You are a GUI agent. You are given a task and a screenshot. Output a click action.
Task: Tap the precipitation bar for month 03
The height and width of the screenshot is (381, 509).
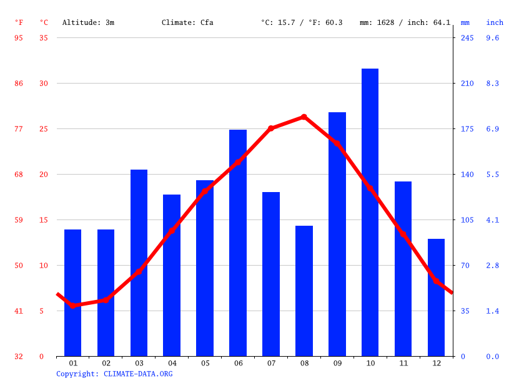pyautogui.click(x=139, y=263)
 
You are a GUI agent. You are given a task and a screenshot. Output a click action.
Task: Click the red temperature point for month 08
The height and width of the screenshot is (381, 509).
pyautogui.click(x=304, y=117)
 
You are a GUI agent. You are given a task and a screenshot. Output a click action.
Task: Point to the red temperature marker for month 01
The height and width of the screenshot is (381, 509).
pyautogui.click(x=73, y=306)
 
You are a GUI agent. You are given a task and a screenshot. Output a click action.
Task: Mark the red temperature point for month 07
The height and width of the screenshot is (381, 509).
pyautogui.click(x=271, y=128)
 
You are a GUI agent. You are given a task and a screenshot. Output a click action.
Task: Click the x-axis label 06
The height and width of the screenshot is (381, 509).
pyautogui.click(x=238, y=363)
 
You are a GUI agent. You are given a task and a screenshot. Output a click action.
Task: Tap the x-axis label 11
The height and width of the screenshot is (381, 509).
pyautogui.click(x=403, y=363)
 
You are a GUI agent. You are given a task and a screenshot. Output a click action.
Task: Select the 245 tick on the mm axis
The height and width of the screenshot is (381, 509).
pyautogui.click(x=467, y=38)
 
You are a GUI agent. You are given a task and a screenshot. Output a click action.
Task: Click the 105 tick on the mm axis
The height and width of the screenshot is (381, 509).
pyautogui.click(x=467, y=220)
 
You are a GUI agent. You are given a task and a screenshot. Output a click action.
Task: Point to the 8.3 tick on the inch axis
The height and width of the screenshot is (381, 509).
pyautogui.click(x=493, y=84)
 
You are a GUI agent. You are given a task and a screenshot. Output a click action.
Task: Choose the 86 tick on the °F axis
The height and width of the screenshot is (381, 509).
pyautogui.click(x=19, y=84)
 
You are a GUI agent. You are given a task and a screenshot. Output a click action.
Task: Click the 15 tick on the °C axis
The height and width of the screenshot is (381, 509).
pyautogui.click(x=44, y=220)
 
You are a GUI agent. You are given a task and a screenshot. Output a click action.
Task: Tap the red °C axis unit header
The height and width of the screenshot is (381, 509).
pyautogui.click(x=44, y=22)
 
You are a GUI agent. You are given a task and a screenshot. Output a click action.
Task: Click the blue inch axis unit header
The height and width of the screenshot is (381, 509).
pyautogui.click(x=495, y=22)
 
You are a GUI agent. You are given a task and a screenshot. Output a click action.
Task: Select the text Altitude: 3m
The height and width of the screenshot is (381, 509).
pyautogui.click(x=88, y=22)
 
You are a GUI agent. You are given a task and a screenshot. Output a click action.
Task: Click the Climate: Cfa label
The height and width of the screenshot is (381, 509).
pyautogui.click(x=187, y=22)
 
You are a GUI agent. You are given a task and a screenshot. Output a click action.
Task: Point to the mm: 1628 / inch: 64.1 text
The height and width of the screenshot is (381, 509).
pyautogui.click(x=405, y=22)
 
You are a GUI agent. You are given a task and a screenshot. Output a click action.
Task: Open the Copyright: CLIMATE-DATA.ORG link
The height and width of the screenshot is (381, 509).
pyautogui.click(x=114, y=374)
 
